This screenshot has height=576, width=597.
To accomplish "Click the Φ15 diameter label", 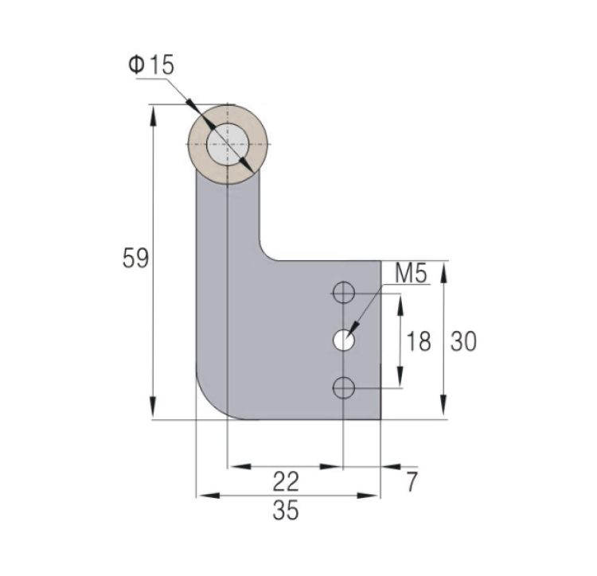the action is click(151, 65).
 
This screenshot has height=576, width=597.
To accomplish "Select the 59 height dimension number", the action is click(135, 259).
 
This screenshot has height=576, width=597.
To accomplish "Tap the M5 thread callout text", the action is click(412, 273).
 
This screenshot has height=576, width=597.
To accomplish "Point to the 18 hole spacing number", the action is click(419, 341).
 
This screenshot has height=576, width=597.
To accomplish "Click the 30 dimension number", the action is click(463, 341).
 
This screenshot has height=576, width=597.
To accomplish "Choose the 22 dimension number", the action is click(286, 481).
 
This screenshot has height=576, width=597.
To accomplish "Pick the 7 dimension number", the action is click(412, 481).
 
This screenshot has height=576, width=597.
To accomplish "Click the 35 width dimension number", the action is click(286, 510).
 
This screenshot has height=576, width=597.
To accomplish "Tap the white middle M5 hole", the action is click(343, 341).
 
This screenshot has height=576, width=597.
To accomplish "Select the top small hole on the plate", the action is click(343, 293).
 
